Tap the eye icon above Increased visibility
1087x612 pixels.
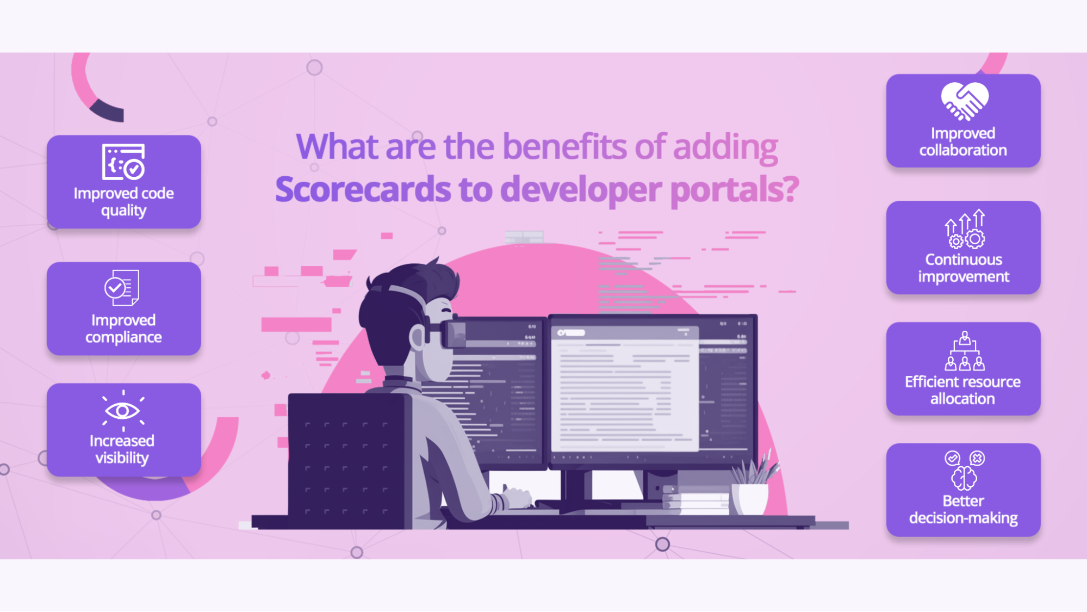pos(123,410)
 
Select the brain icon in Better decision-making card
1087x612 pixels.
pos(964,478)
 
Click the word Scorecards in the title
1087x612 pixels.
pos(363,189)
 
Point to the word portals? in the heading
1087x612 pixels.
pos(734,189)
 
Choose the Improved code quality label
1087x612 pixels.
pos(124,202)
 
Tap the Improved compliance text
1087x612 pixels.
pos(123,329)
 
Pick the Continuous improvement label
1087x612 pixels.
pos(964,268)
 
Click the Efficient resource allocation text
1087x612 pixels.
pos(962,390)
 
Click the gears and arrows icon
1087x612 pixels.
pos(965,229)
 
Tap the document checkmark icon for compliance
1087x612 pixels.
pos(122,287)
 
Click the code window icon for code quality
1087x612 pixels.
pos(123,162)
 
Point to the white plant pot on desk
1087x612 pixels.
pos(750,498)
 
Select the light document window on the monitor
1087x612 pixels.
pos(625,388)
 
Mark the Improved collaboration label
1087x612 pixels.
pos(963,141)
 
